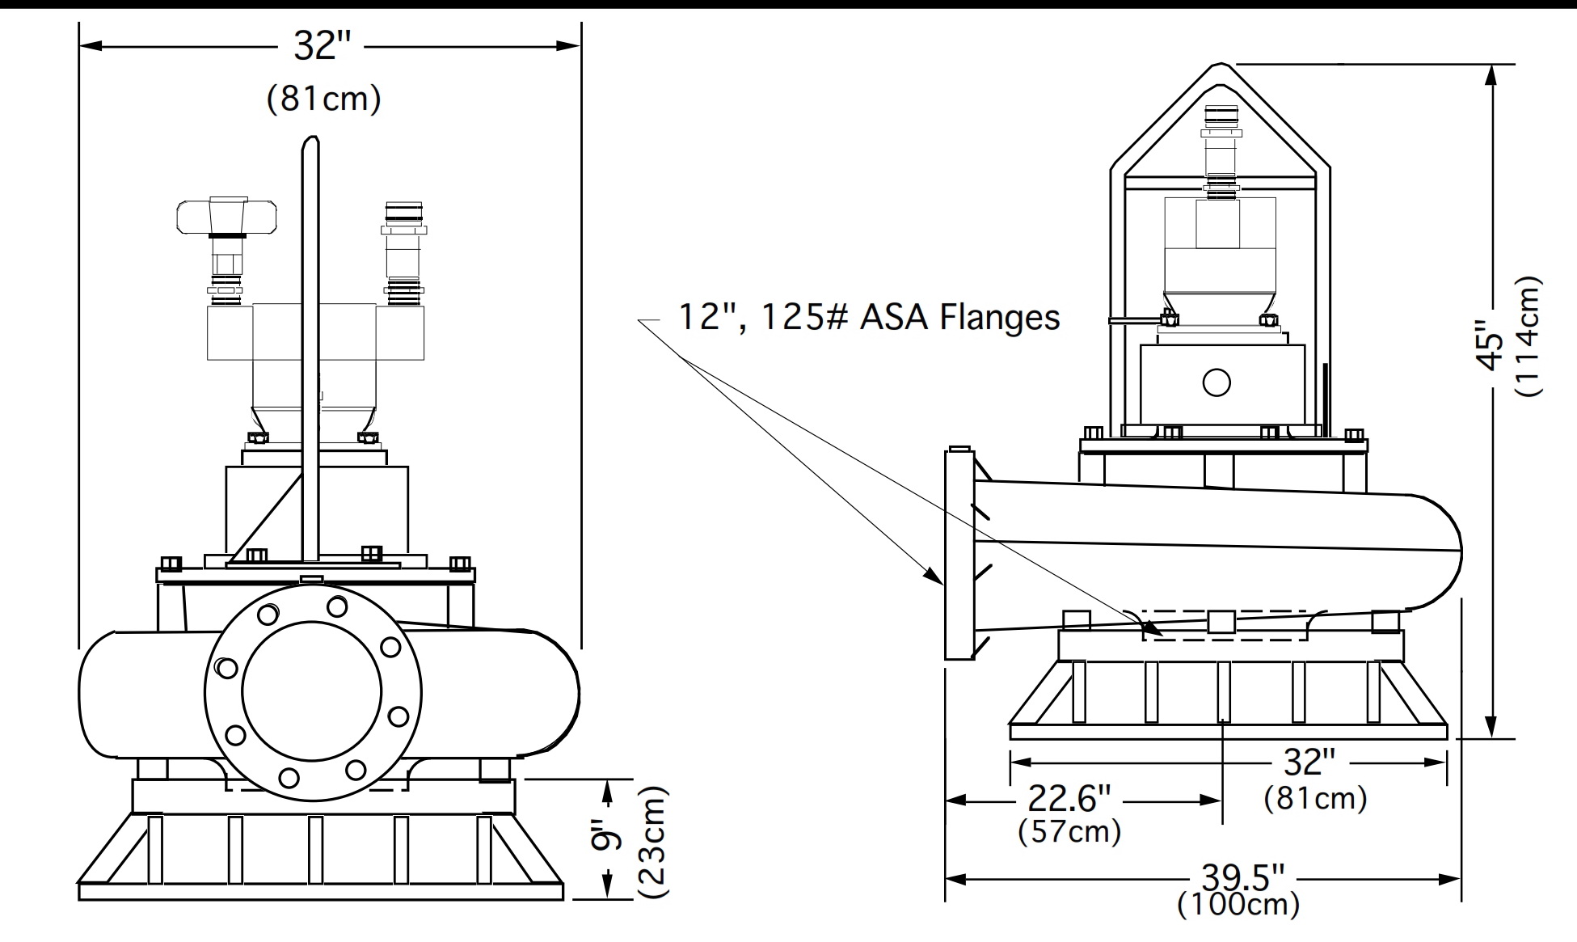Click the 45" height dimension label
[1490, 345]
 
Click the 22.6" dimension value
[1069, 800]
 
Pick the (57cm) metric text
[1070, 831]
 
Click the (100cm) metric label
[1238, 904]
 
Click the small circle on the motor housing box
[1216, 382]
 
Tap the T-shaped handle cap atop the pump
[228, 214]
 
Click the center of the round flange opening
[311, 691]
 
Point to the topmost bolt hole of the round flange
[337, 606]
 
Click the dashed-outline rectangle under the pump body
[1225, 625]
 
